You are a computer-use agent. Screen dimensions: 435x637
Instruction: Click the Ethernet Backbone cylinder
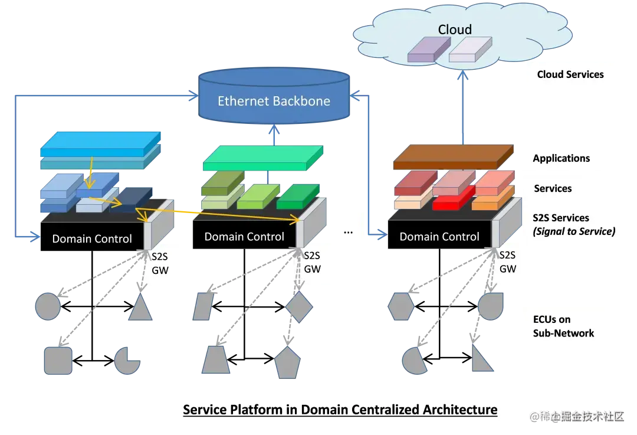(x=273, y=98)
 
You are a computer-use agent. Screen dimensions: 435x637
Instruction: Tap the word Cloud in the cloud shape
(x=455, y=30)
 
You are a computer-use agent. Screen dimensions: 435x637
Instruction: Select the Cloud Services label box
(x=570, y=75)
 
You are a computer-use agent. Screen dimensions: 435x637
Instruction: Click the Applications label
(x=561, y=158)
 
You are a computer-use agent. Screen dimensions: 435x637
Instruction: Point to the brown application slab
(x=451, y=156)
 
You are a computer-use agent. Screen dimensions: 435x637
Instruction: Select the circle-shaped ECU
(x=48, y=306)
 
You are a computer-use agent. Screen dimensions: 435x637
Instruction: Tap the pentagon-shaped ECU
(x=288, y=362)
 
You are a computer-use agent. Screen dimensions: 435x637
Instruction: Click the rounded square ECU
(x=58, y=361)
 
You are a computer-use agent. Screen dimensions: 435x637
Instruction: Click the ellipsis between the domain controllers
(x=348, y=231)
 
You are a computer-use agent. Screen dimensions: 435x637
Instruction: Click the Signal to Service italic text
(x=574, y=231)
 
